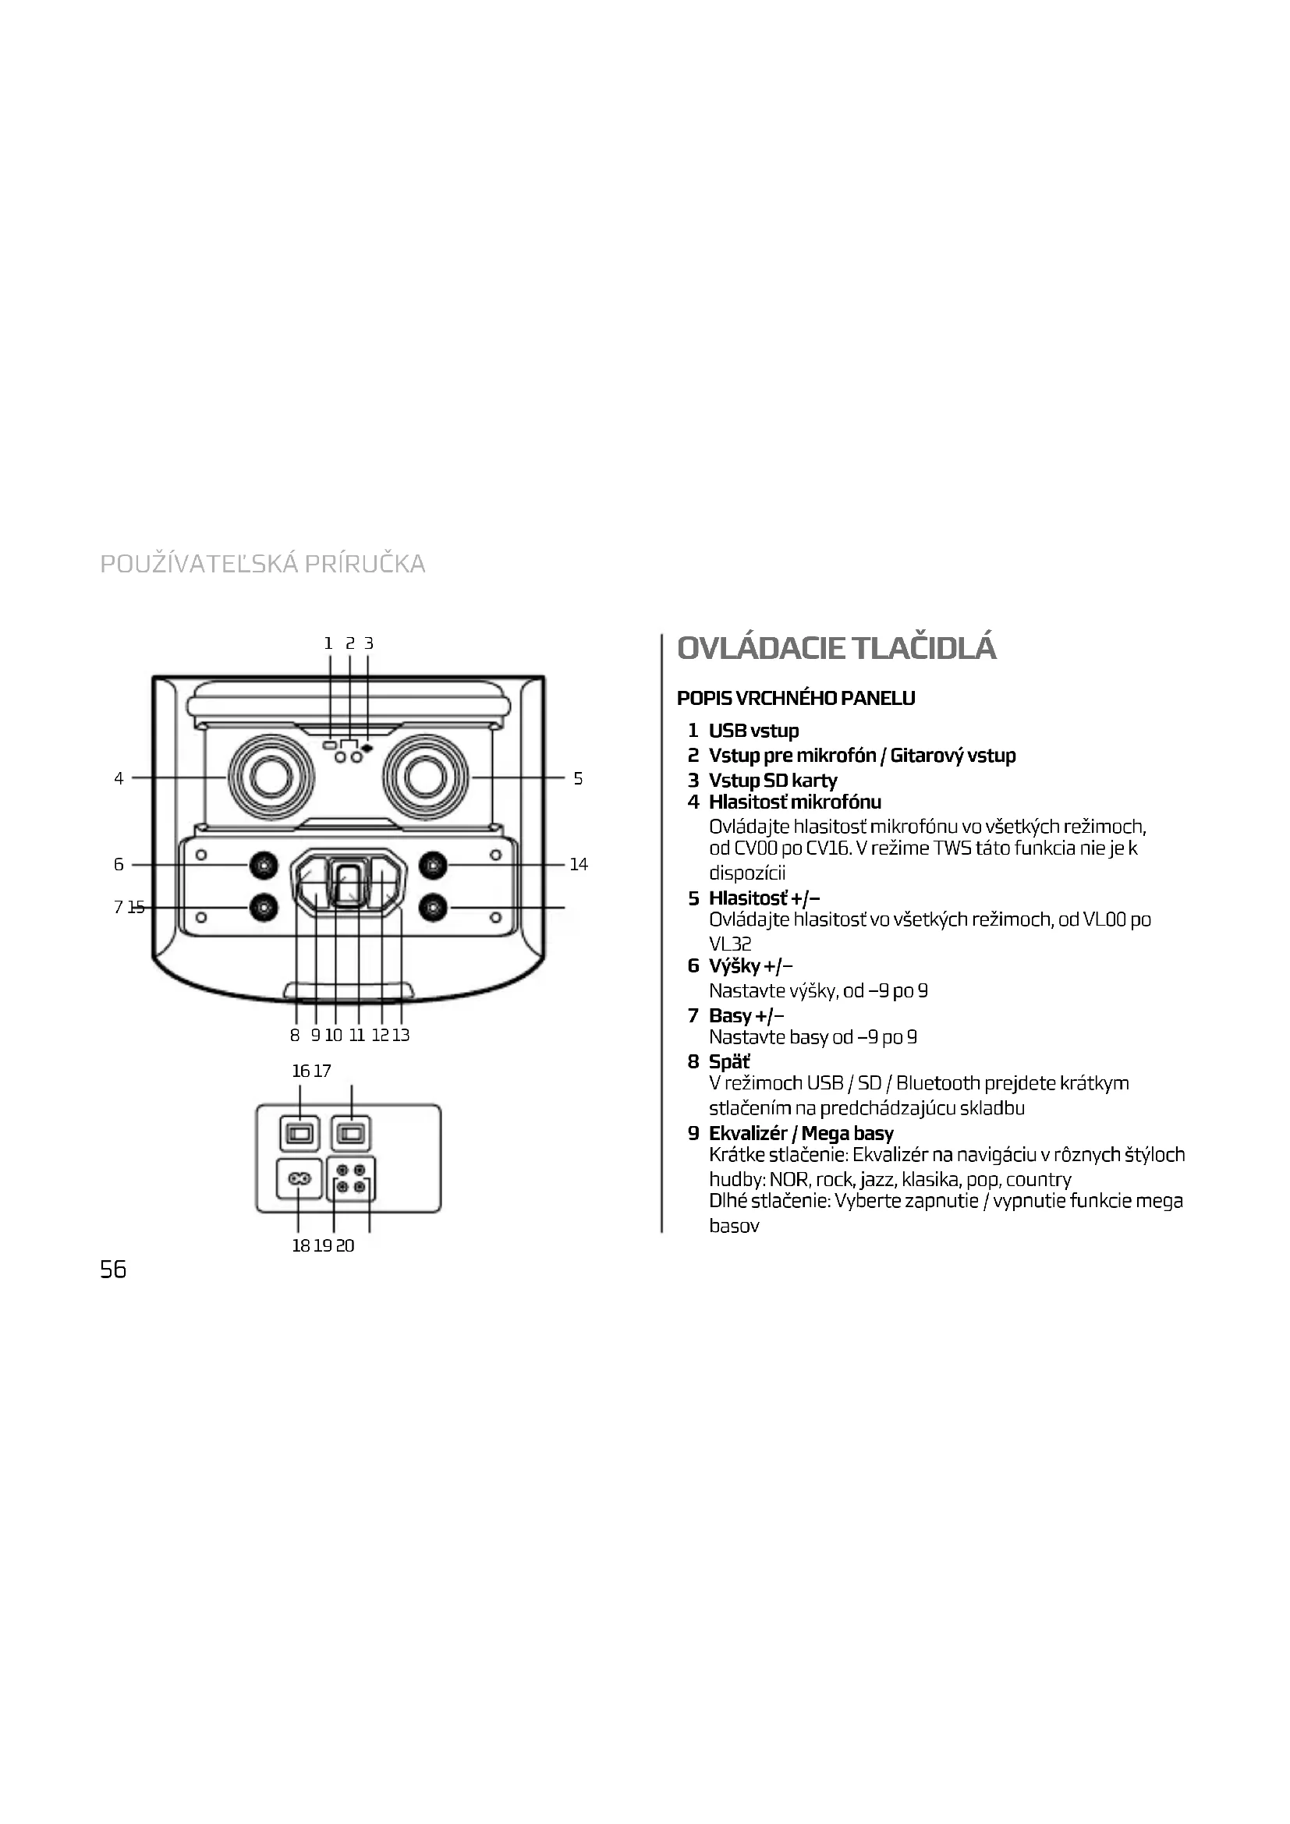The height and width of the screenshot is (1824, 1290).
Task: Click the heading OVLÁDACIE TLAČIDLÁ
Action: (835, 648)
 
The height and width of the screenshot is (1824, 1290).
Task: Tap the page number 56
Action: (113, 1270)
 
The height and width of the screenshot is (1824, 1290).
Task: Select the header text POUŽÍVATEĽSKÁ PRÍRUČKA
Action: (263, 564)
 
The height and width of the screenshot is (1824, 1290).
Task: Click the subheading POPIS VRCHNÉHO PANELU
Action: (796, 698)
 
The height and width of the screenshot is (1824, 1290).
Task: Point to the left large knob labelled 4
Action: (270, 777)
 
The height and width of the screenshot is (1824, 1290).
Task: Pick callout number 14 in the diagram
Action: (578, 864)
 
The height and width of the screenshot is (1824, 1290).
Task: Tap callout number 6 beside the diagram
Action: (119, 864)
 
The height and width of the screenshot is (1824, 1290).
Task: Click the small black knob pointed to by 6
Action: (264, 865)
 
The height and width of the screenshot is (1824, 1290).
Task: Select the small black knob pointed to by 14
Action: (432, 865)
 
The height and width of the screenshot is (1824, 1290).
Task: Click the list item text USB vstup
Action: (753, 731)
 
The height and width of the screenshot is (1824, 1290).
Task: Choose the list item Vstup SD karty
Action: (772, 780)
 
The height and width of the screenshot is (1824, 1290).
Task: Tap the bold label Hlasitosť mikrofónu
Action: (794, 802)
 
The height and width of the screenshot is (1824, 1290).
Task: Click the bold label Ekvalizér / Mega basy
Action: (801, 1134)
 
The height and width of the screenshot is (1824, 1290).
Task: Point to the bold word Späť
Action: (729, 1062)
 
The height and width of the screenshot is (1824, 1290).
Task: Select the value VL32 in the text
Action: (730, 944)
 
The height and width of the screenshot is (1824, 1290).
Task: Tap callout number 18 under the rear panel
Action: (300, 1245)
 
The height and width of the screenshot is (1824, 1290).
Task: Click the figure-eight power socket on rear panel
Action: (299, 1180)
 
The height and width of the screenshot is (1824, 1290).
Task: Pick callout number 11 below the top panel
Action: (356, 1035)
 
